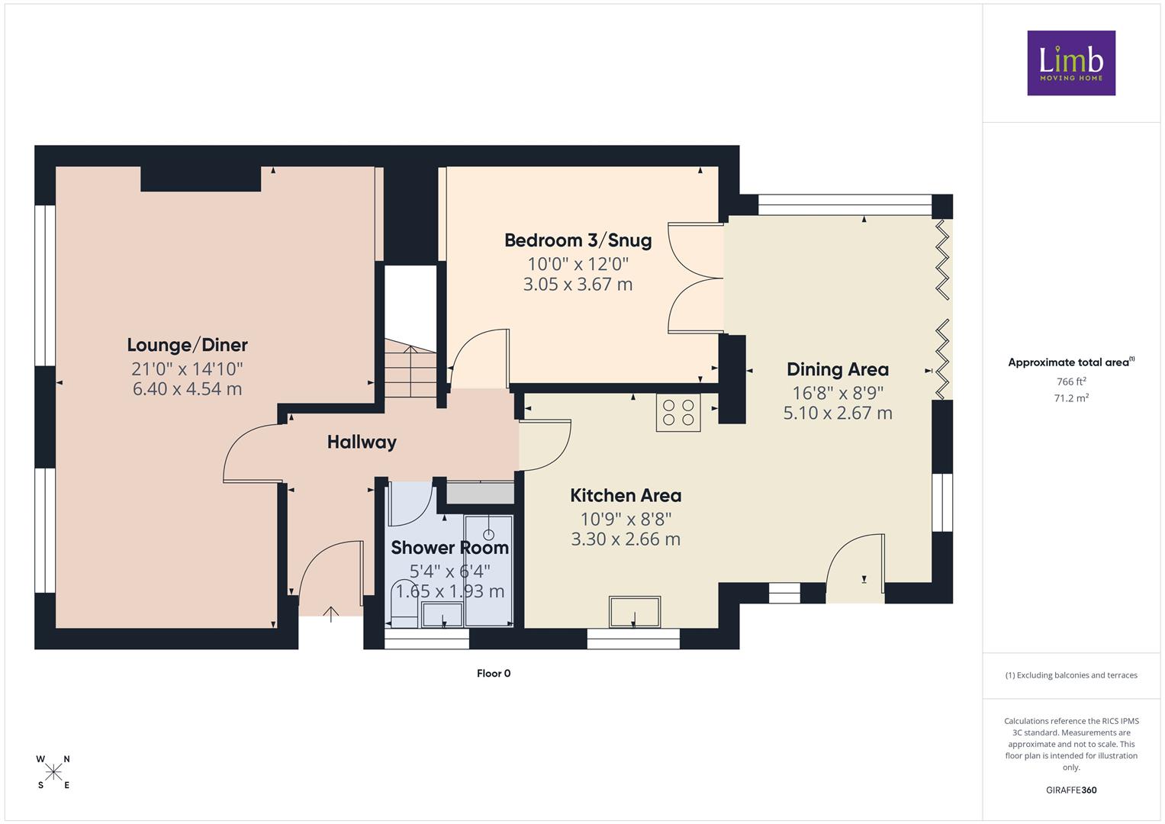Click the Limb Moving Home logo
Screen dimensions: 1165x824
pos(1071,63)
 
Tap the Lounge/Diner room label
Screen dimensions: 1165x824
pos(187,345)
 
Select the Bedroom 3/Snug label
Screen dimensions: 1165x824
pos(578,240)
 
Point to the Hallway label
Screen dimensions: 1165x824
pos(362,443)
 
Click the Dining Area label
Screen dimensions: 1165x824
pos(838,369)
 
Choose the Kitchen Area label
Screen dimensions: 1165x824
pos(626,495)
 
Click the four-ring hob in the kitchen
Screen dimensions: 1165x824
pos(678,413)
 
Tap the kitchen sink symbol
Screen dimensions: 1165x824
pos(635,612)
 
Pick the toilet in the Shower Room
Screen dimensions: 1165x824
pos(404,603)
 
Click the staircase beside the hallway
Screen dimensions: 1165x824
pos(410,369)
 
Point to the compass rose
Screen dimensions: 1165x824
pos(53,772)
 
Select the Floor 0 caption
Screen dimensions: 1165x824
pos(494,673)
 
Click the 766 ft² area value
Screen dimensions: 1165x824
pos(1071,381)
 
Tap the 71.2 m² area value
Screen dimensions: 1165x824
pos(1071,398)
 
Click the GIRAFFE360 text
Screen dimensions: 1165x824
pos(1071,790)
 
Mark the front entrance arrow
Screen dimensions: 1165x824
pos(331,614)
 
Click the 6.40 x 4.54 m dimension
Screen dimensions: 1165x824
pos(187,388)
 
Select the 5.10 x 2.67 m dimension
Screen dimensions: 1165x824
pos(838,413)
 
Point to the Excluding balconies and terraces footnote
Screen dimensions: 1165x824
pos(1071,675)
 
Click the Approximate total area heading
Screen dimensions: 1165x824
pos(1071,362)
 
